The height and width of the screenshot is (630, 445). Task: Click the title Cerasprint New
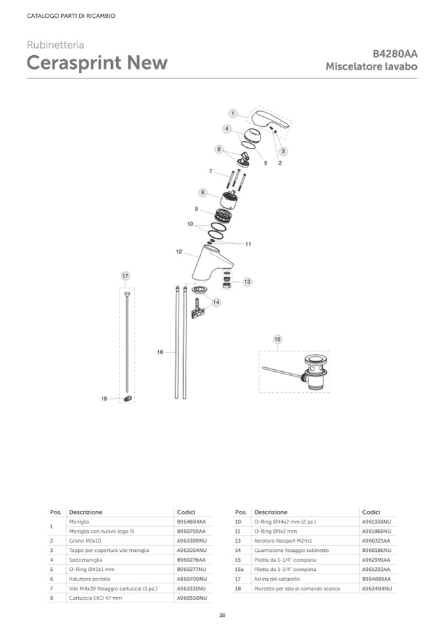(96, 63)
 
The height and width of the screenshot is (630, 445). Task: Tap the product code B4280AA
(395, 55)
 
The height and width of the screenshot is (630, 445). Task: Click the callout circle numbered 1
(233, 114)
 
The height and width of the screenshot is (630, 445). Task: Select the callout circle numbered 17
(125, 276)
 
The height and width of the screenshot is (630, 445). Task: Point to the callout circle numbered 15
(278, 339)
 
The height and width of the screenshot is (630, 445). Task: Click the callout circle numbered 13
(247, 282)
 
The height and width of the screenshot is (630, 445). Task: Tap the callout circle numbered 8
(203, 193)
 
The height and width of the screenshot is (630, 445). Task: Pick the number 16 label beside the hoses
(160, 353)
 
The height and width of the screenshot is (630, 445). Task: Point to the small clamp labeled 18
(128, 398)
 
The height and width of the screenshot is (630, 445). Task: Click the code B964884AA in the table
(192, 522)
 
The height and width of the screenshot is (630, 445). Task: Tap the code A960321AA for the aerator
(376, 541)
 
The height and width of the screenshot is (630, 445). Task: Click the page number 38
(222, 616)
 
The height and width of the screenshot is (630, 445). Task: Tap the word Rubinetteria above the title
(55, 45)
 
